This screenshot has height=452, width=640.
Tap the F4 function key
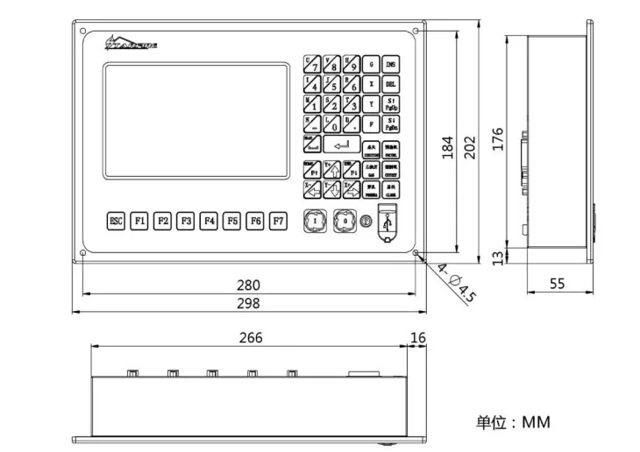tap(209, 221)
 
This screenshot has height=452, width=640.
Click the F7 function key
tap(278, 221)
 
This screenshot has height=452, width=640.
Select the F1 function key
tap(139, 221)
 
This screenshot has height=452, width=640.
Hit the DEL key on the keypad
tap(391, 84)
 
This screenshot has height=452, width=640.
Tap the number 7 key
tap(311, 64)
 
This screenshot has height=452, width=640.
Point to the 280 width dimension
tap(249, 285)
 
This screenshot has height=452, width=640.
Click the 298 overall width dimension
tap(249, 303)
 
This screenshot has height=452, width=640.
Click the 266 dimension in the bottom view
tap(250, 337)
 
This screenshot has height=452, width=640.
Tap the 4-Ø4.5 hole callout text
tap(456, 284)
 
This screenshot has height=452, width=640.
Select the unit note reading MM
tap(514, 422)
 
